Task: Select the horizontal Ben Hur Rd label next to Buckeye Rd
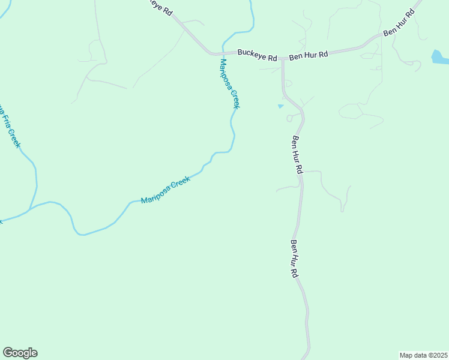point(309,55)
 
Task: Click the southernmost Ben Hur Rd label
point(294,259)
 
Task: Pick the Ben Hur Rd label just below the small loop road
point(297,155)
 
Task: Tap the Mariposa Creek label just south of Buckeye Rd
point(230,83)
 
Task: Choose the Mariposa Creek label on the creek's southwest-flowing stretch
point(166,190)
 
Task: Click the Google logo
point(20,353)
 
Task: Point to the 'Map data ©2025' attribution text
point(423,355)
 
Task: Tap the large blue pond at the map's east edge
point(440,58)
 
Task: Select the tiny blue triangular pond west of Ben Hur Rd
point(280,106)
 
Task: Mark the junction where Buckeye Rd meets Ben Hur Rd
point(282,58)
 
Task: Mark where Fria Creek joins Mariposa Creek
point(28,210)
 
